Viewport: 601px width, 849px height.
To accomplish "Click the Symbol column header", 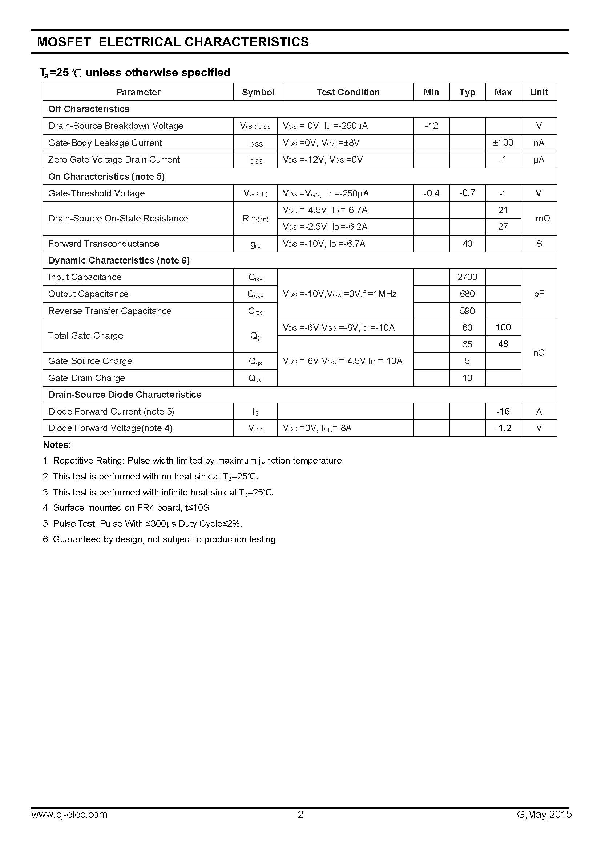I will (258, 92).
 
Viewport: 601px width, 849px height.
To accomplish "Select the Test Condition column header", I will (348, 92).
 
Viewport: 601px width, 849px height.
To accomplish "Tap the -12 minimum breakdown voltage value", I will (431, 126).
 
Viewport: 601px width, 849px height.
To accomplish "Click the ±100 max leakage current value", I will (503, 142).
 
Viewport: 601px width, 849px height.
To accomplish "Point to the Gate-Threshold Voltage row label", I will (97, 193).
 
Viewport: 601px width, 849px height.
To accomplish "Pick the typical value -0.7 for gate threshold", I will (467, 193).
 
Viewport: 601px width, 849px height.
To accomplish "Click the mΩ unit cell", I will (542, 218).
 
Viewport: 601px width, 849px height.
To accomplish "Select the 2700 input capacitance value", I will (467, 277).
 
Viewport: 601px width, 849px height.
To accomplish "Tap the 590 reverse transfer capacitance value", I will (467, 311).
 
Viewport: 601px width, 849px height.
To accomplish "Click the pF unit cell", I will (539, 294).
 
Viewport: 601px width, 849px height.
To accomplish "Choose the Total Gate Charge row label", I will (85, 336).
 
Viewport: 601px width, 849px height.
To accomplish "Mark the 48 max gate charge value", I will (503, 344).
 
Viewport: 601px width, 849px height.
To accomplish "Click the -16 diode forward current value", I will (503, 411).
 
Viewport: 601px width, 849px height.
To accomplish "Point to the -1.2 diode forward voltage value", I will (503, 428).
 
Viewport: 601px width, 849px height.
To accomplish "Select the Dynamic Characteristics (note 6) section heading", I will (119, 260).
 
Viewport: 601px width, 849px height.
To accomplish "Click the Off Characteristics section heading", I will (89, 109).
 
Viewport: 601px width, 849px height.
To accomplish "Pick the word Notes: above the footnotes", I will (57, 445).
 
